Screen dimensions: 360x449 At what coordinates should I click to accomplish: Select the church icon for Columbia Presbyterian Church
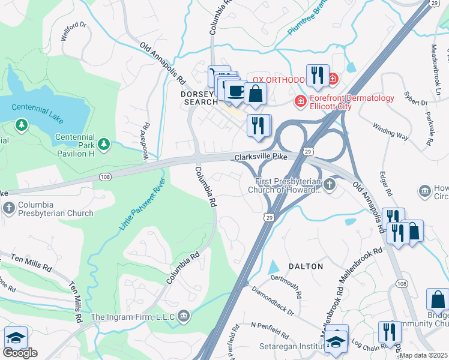point(9,208)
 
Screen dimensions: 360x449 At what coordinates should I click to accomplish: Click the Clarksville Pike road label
point(260,157)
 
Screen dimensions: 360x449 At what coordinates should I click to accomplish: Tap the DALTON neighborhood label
point(306,266)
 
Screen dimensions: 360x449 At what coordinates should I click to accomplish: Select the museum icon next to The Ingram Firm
point(184,315)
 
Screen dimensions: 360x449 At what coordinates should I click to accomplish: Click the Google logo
point(20,353)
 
